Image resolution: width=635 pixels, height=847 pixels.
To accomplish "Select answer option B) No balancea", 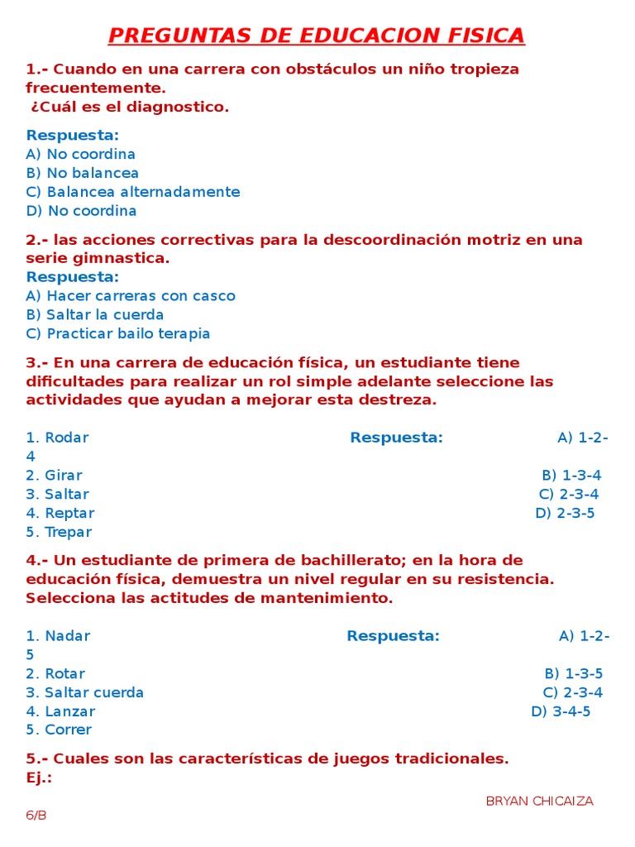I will [x=82, y=173].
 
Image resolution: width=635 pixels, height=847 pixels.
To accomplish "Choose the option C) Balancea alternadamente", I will [x=132, y=192].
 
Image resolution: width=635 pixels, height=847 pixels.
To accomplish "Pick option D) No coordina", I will [x=81, y=211].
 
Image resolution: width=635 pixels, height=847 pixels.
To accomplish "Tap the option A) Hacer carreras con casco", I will [x=131, y=296].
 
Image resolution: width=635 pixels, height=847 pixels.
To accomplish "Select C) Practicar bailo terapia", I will [x=118, y=334].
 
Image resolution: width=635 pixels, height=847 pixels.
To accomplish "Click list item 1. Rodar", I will [x=57, y=438].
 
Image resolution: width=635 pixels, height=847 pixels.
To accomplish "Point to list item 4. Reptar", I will [x=60, y=514].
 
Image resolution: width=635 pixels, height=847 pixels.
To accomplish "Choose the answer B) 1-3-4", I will [x=571, y=476].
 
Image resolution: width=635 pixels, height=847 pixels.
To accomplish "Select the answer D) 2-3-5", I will [x=565, y=513].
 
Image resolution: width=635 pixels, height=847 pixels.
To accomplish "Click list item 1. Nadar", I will [x=58, y=636].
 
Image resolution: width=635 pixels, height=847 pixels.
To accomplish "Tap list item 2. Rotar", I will [x=55, y=674].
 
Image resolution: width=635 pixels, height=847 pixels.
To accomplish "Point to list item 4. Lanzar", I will [x=60, y=711].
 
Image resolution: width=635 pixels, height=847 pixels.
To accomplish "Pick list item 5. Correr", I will [x=59, y=730].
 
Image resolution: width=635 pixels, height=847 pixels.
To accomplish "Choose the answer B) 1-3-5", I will [x=574, y=674].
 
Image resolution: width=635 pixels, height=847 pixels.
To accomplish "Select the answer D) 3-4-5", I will [x=561, y=711].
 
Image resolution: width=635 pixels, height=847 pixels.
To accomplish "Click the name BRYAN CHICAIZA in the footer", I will [x=539, y=801].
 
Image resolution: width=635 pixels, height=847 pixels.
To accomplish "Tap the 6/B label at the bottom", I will [x=36, y=815].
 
